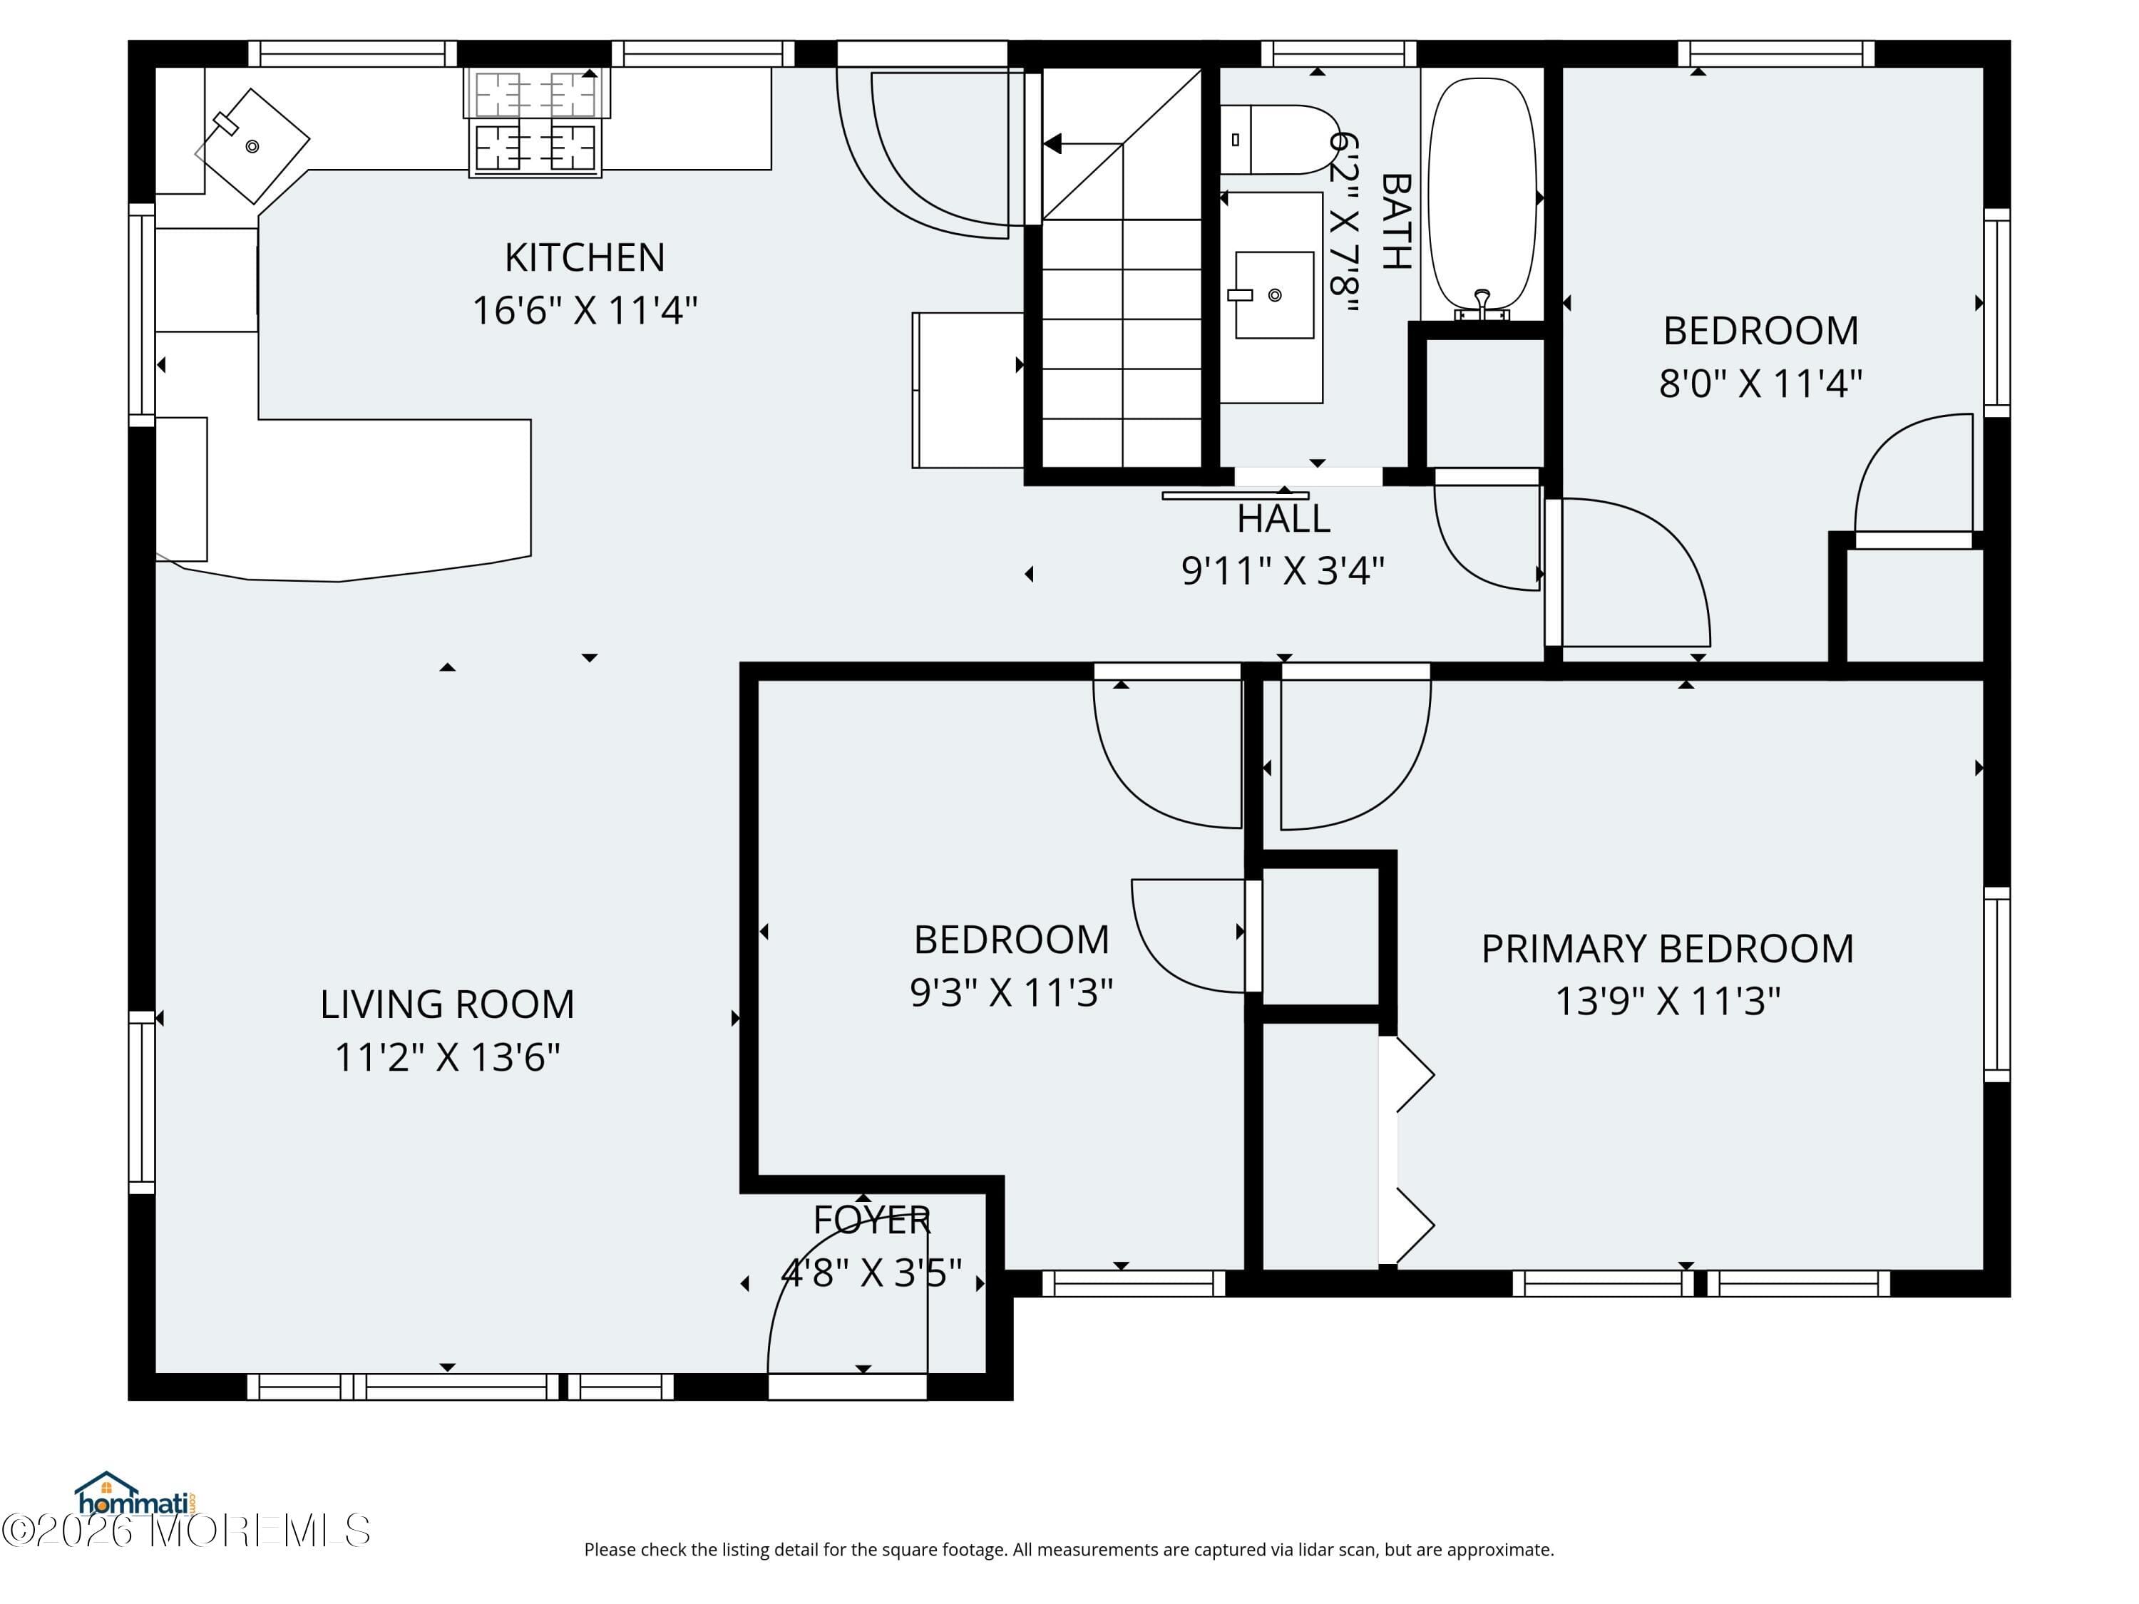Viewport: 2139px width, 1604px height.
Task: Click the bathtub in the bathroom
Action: tap(1482, 193)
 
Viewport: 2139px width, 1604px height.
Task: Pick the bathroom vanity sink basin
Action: tap(1275, 295)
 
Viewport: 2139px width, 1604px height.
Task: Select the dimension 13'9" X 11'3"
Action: tap(1667, 1002)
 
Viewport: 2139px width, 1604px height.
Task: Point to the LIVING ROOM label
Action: tap(447, 1004)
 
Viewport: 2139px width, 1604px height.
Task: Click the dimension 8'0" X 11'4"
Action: tap(1760, 384)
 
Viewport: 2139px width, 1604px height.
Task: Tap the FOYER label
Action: tap(871, 1220)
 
